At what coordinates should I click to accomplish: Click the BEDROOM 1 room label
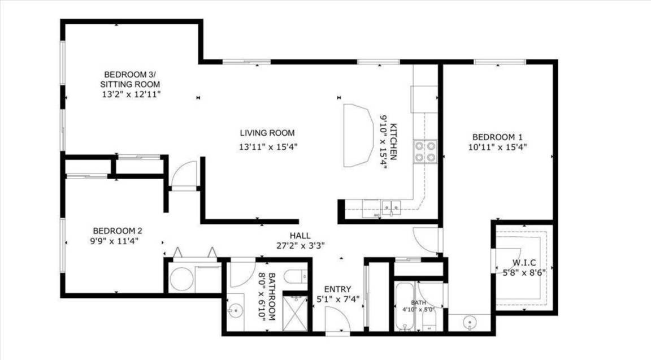tap(497, 137)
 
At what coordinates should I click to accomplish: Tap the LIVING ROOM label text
tap(267, 133)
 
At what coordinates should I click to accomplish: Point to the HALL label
tap(300, 236)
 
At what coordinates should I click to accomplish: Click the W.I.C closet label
tap(524, 262)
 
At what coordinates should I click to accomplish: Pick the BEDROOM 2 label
tap(118, 231)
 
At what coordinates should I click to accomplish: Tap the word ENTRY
tap(337, 289)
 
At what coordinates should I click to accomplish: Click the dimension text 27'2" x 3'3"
tap(301, 245)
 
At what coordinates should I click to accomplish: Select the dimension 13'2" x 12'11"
tap(131, 94)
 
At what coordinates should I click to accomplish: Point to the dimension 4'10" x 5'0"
tap(418, 309)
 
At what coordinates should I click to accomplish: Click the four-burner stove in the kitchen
tap(425, 151)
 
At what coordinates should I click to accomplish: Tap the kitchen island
tap(358, 136)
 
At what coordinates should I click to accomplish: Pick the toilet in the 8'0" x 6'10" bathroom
tap(296, 276)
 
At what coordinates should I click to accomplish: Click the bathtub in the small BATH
tap(405, 306)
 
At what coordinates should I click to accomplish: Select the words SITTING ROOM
tap(130, 84)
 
